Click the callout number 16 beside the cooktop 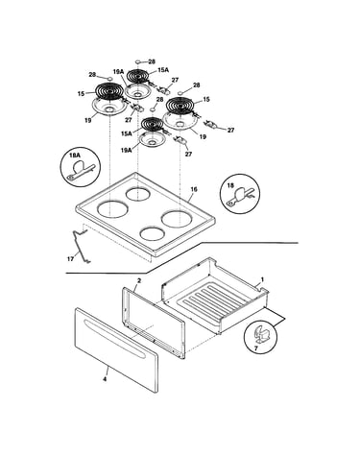click(x=194, y=189)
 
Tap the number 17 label click(x=70, y=258)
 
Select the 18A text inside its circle click(x=74, y=156)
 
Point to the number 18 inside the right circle click(x=230, y=185)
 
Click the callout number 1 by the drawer click(x=262, y=279)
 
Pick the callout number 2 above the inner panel click(x=139, y=280)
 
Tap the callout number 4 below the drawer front click(x=105, y=379)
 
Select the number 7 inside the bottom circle click(x=255, y=348)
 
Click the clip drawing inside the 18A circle click(x=80, y=170)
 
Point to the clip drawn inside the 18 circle click(x=240, y=196)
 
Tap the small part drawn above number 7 click(x=261, y=334)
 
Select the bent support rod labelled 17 click(x=80, y=245)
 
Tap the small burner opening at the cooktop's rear click(x=137, y=194)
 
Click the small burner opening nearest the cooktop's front click(x=153, y=233)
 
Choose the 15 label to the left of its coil click(x=81, y=94)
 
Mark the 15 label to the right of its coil click(x=206, y=100)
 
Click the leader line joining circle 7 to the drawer click(x=276, y=317)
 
